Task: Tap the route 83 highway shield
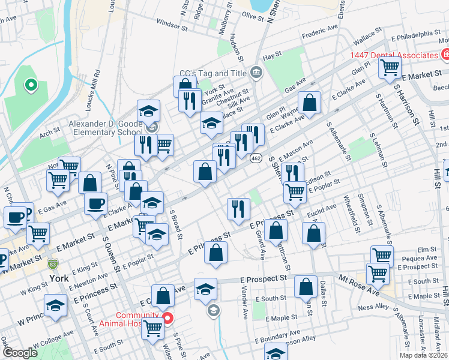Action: [53, 263]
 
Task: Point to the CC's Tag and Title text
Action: [214, 73]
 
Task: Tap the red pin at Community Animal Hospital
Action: [168, 318]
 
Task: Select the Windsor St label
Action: [172, 25]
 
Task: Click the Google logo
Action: [20, 353]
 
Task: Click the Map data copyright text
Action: [422, 355]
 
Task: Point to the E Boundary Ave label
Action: [279, 341]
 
